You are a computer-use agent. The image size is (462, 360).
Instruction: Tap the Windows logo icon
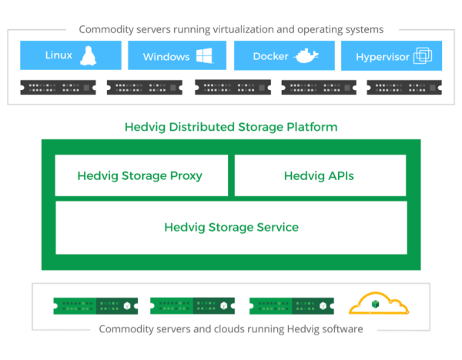204,56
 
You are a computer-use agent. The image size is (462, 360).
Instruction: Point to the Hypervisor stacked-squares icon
423,56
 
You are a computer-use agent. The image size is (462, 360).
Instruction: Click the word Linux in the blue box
59,55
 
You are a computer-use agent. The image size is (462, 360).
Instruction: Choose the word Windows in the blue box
166,57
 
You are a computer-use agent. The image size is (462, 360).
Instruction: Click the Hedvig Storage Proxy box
142,175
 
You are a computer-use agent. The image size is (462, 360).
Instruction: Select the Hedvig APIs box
320,175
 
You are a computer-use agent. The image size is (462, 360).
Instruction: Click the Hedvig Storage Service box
231,227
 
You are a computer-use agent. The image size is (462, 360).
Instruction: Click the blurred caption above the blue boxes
231,30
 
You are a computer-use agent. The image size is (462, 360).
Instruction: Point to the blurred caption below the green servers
231,328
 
